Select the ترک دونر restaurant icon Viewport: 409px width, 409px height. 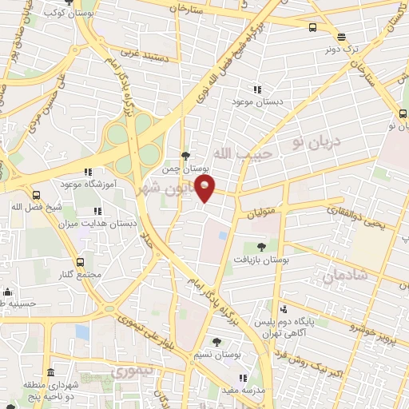[x=341, y=36]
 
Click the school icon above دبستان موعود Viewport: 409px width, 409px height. [x=257, y=90]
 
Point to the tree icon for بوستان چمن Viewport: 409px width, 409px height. [x=186, y=156]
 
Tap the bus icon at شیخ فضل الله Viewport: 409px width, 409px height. [x=35, y=195]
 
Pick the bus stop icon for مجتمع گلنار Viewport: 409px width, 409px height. [x=79, y=262]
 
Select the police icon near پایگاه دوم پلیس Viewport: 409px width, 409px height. [x=284, y=308]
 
